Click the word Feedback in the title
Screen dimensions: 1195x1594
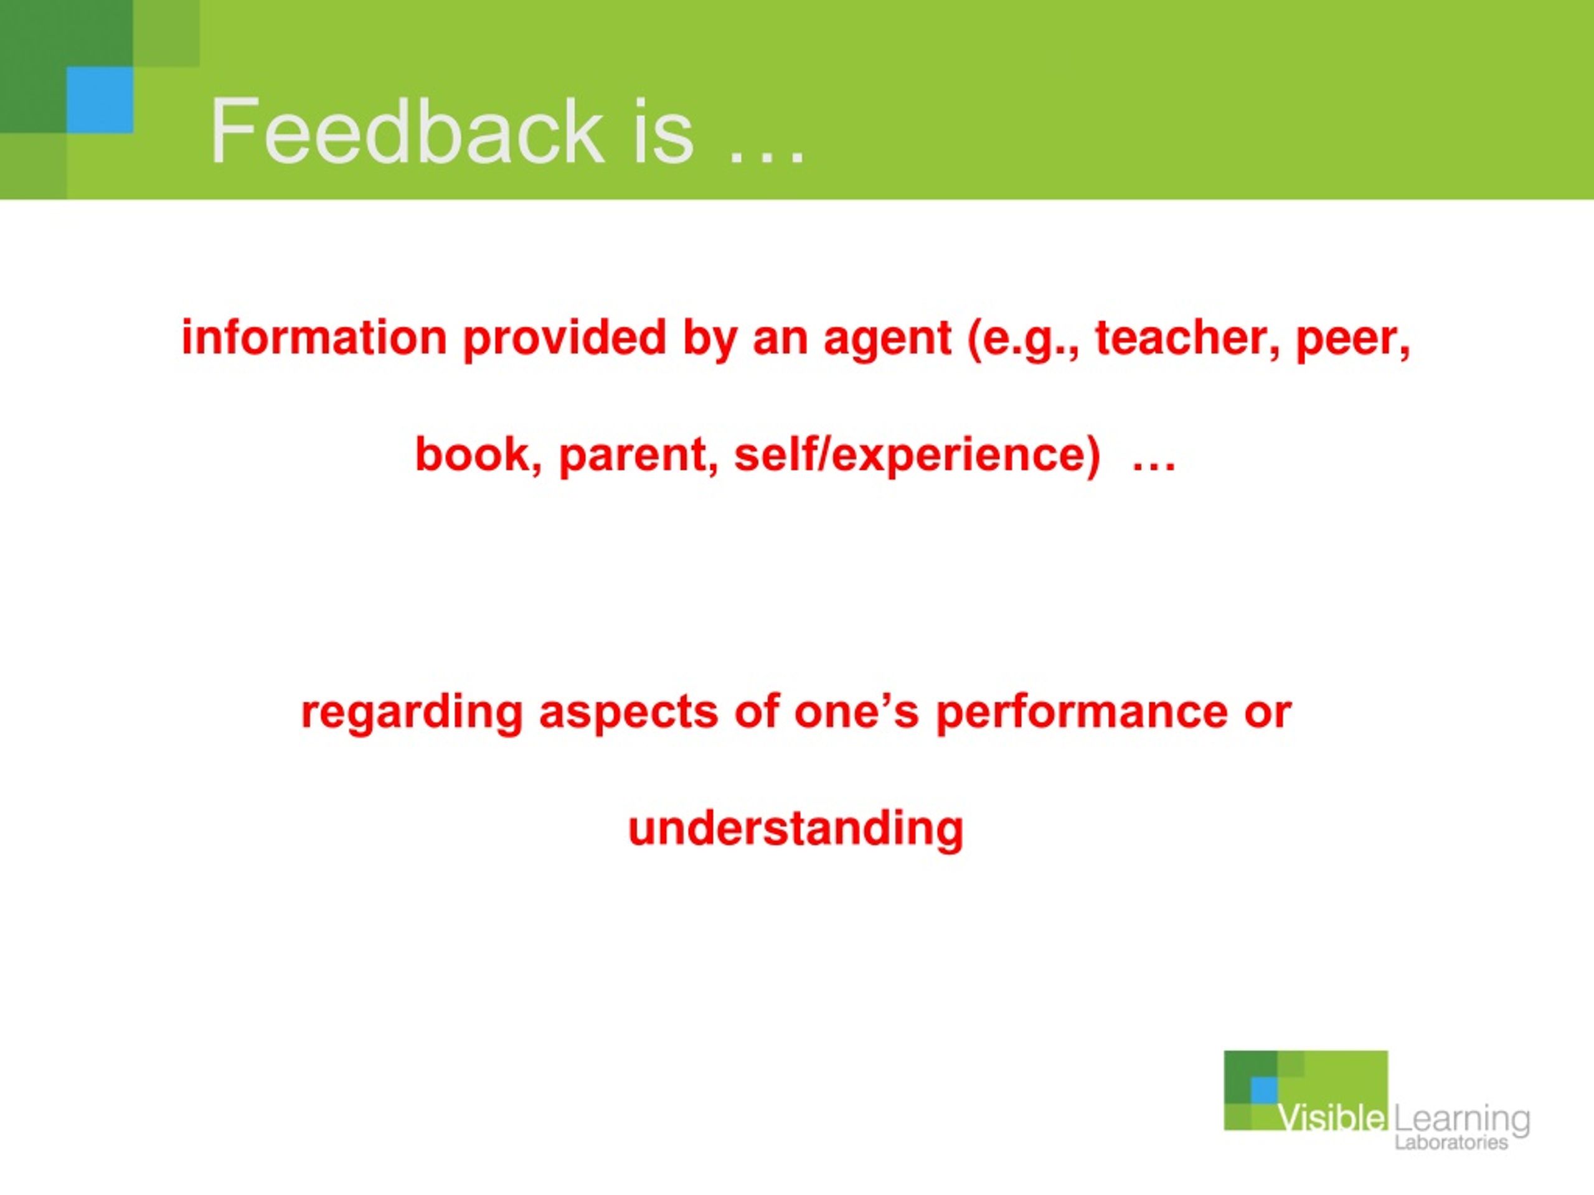click(407, 133)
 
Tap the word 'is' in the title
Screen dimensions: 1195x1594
click(664, 133)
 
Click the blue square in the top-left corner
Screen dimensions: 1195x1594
click(100, 100)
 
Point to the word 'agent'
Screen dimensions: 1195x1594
click(887, 339)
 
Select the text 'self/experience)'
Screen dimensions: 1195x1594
click(917, 455)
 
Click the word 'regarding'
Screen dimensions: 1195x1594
click(412, 713)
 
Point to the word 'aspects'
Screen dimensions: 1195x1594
click(628, 713)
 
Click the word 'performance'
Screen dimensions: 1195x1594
click(1082, 713)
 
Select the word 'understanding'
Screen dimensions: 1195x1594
click(796, 829)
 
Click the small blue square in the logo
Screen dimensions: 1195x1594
click(1263, 1090)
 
